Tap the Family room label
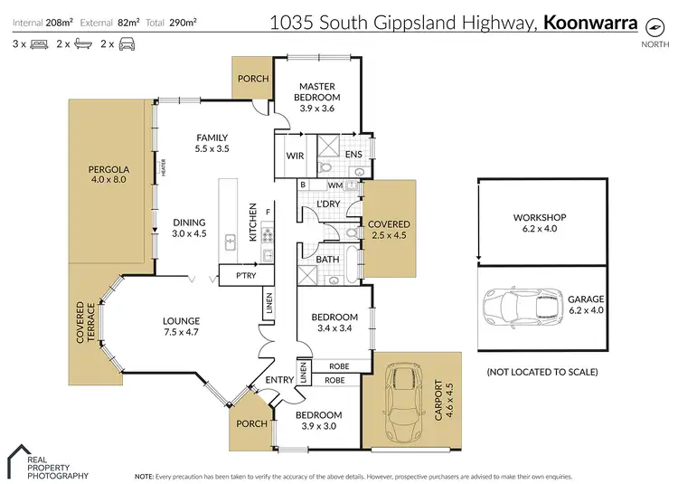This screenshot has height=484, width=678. tap(212, 138)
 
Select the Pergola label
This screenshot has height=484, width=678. tap(109, 169)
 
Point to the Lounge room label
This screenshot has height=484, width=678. tap(180, 320)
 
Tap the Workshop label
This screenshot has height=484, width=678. tap(539, 218)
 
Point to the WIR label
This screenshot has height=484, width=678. tap(294, 156)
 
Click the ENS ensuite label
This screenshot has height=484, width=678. tap(353, 156)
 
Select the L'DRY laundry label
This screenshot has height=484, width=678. tap(328, 204)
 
